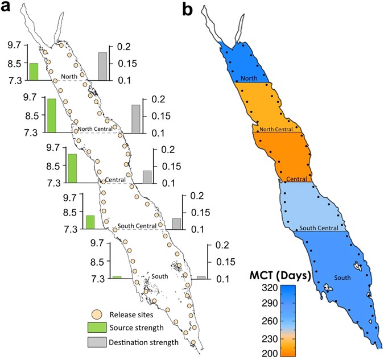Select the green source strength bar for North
(34, 72)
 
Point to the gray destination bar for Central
(147, 177)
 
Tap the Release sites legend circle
(97, 314)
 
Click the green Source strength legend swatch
(97, 328)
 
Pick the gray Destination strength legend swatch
(97, 342)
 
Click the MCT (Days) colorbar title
(279, 276)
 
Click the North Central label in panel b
(276, 129)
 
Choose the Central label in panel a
(115, 180)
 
